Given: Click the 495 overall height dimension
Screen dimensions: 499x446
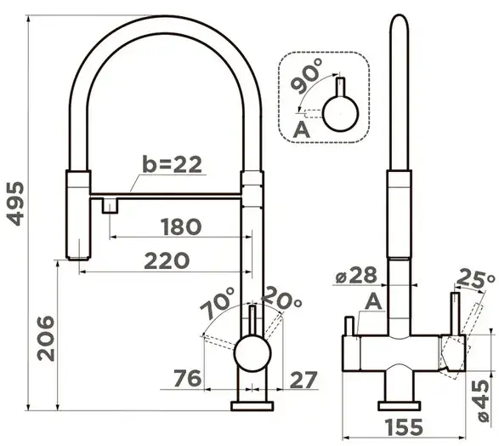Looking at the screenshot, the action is click(15, 204).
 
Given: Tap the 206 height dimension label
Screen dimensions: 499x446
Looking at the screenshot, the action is click(46, 338).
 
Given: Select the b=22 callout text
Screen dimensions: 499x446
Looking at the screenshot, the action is click(172, 164).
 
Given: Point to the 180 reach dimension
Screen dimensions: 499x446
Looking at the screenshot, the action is click(181, 226).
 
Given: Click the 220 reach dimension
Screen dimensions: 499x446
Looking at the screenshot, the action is click(167, 260).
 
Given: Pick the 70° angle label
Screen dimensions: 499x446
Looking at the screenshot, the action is click(218, 303).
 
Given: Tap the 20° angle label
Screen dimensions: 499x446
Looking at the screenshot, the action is click(281, 299).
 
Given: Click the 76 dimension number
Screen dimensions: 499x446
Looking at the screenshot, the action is click(188, 379).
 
